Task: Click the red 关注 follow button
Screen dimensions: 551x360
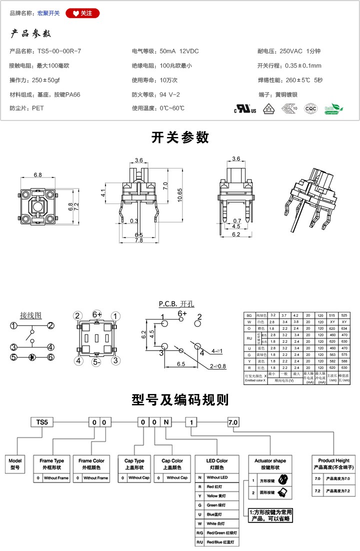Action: click(x=83, y=13)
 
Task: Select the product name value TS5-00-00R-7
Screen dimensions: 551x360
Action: click(x=59, y=51)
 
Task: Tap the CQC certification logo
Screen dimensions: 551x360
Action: click(x=310, y=108)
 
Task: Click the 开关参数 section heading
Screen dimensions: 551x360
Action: click(x=180, y=137)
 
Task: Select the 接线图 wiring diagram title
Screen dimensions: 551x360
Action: click(x=30, y=315)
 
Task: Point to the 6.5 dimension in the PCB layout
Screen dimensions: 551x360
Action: click(x=183, y=364)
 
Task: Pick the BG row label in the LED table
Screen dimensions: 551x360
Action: click(x=248, y=315)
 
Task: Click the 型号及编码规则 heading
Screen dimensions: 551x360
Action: click(x=180, y=400)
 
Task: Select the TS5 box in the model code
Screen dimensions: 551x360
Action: click(x=42, y=422)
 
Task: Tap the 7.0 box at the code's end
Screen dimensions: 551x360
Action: click(x=233, y=422)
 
